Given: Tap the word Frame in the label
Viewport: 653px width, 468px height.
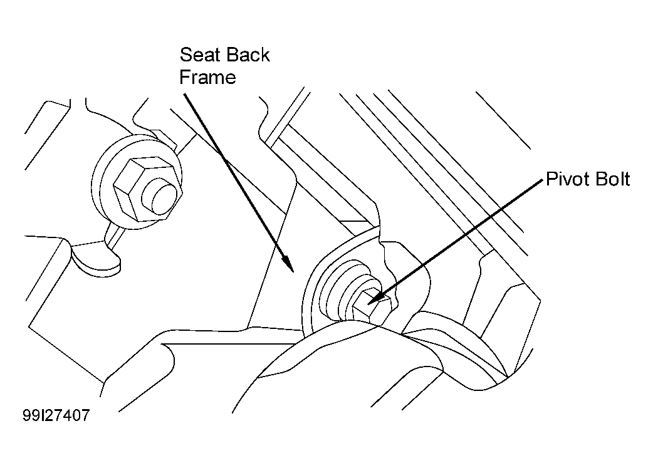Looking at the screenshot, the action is click(208, 78).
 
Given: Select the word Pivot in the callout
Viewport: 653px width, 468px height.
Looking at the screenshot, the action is click(567, 179).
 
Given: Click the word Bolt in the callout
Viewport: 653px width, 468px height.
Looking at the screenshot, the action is click(614, 179).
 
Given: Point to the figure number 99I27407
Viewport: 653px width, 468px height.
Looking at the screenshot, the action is click(56, 415).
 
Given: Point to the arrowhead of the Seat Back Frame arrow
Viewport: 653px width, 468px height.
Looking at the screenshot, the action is click(288, 263).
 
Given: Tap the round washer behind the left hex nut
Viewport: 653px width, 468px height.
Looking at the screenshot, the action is click(99, 183).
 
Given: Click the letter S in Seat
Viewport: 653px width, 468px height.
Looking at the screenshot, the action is click(185, 55).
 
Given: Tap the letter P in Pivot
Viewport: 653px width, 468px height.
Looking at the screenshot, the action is click(551, 179).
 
